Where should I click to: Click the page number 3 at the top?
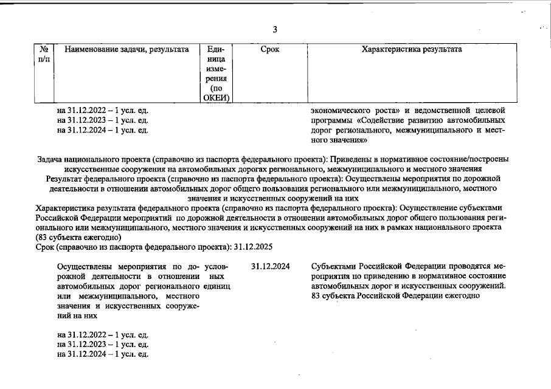(275, 30)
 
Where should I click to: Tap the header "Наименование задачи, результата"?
(126, 49)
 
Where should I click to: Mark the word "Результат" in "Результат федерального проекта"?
(64, 178)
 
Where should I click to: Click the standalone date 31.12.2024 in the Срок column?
(270, 267)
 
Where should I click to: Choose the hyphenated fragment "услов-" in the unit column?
(217, 267)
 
